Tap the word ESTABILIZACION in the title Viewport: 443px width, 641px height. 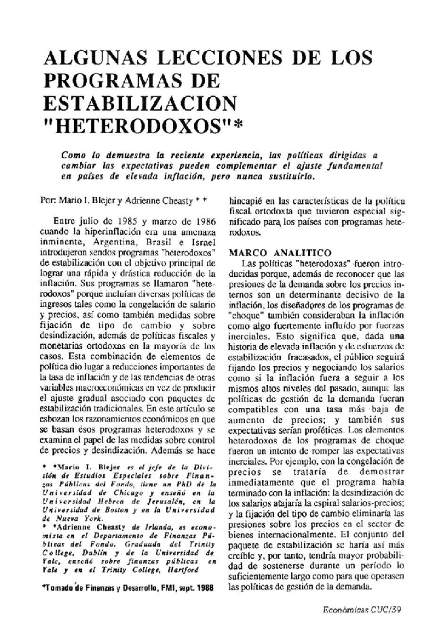[140, 104]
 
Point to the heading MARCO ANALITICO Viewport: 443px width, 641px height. [280, 253]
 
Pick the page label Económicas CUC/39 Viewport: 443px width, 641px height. [362, 610]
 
